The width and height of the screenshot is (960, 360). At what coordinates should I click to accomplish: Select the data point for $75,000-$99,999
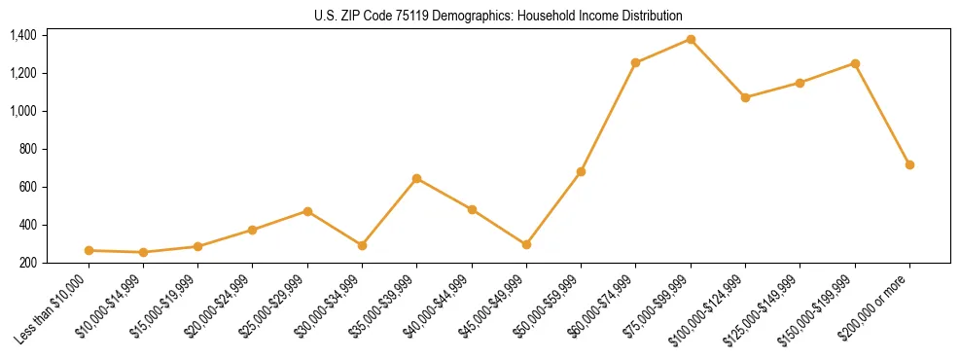point(691,39)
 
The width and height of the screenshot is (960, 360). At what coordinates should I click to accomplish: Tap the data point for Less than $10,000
point(89,250)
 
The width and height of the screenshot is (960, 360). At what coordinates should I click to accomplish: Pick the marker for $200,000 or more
point(909,164)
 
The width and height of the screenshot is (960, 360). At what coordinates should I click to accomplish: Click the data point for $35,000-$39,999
point(416,178)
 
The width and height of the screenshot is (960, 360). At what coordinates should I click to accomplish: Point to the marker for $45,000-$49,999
point(526,244)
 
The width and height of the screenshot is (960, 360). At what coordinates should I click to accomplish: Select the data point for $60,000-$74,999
point(635,62)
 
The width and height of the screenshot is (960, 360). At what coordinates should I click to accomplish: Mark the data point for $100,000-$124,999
point(745,97)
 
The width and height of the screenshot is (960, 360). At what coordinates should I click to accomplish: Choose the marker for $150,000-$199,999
point(855,63)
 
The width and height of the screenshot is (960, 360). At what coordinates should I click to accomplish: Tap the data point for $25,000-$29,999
point(307,211)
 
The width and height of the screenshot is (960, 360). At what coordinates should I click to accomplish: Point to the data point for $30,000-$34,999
point(362,245)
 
